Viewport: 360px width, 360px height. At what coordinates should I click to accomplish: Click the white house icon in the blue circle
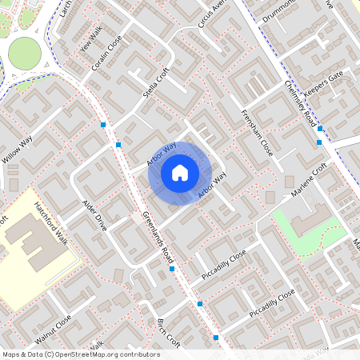coord(180,172)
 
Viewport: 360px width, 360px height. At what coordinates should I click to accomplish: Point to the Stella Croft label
coord(157,82)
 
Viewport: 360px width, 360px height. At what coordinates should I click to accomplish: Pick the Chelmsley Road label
coord(299,104)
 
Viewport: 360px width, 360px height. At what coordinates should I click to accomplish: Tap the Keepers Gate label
coord(323,82)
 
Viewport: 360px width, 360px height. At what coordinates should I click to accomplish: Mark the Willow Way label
coord(17,150)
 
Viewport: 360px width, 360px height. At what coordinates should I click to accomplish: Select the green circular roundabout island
coord(25,53)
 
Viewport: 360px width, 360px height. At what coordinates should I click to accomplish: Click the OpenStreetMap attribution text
coord(80,354)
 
